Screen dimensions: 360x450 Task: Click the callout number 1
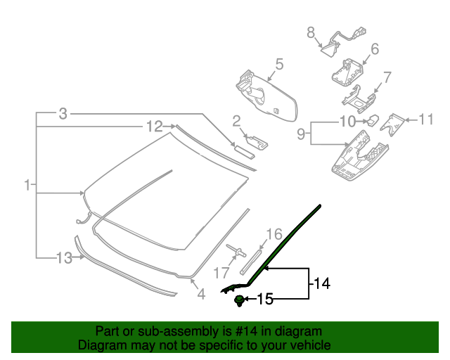[26, 186]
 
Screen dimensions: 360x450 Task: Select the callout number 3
[63, 113]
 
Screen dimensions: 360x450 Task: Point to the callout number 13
[64, 258]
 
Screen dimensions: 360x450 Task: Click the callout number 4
[201, 295]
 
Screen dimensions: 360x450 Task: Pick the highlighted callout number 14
[321, 283]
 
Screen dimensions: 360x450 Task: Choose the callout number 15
[264, 300]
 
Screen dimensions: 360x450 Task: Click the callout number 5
[279, 65]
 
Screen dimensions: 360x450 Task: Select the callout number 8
[310, 32]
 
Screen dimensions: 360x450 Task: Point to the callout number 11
[426, 120]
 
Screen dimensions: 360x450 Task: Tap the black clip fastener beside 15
[240, 301]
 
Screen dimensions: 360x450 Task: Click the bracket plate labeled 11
[394, 124]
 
